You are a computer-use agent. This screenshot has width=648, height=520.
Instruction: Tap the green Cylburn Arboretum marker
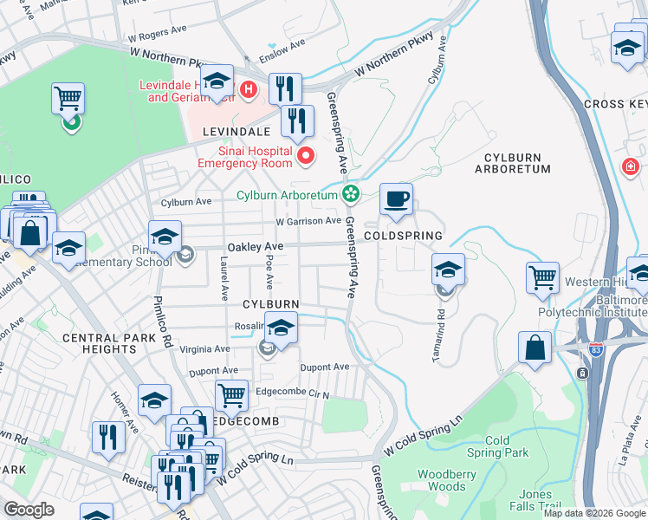pos(351,193)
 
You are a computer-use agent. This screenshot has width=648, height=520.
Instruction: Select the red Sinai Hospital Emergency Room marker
pos(305,156)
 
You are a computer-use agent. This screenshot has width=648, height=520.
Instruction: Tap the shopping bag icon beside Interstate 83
pos(535,348)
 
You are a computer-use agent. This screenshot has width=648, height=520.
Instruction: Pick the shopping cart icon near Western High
pos(542,278)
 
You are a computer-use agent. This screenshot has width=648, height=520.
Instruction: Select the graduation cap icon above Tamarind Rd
pos(447,270)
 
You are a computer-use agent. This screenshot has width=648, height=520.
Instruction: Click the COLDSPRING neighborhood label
pos(403,236)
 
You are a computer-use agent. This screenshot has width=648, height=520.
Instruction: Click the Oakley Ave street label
pos(256,247)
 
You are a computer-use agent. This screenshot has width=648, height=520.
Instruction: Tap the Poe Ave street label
pos(269,271)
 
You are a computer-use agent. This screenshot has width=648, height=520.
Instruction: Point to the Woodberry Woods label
pos(447,480)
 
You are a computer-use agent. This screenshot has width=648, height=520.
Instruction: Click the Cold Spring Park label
pos(497,446)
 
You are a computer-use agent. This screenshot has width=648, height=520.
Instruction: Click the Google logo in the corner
pos(29,510)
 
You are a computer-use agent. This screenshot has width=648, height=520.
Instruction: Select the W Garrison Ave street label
pos(308,221)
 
